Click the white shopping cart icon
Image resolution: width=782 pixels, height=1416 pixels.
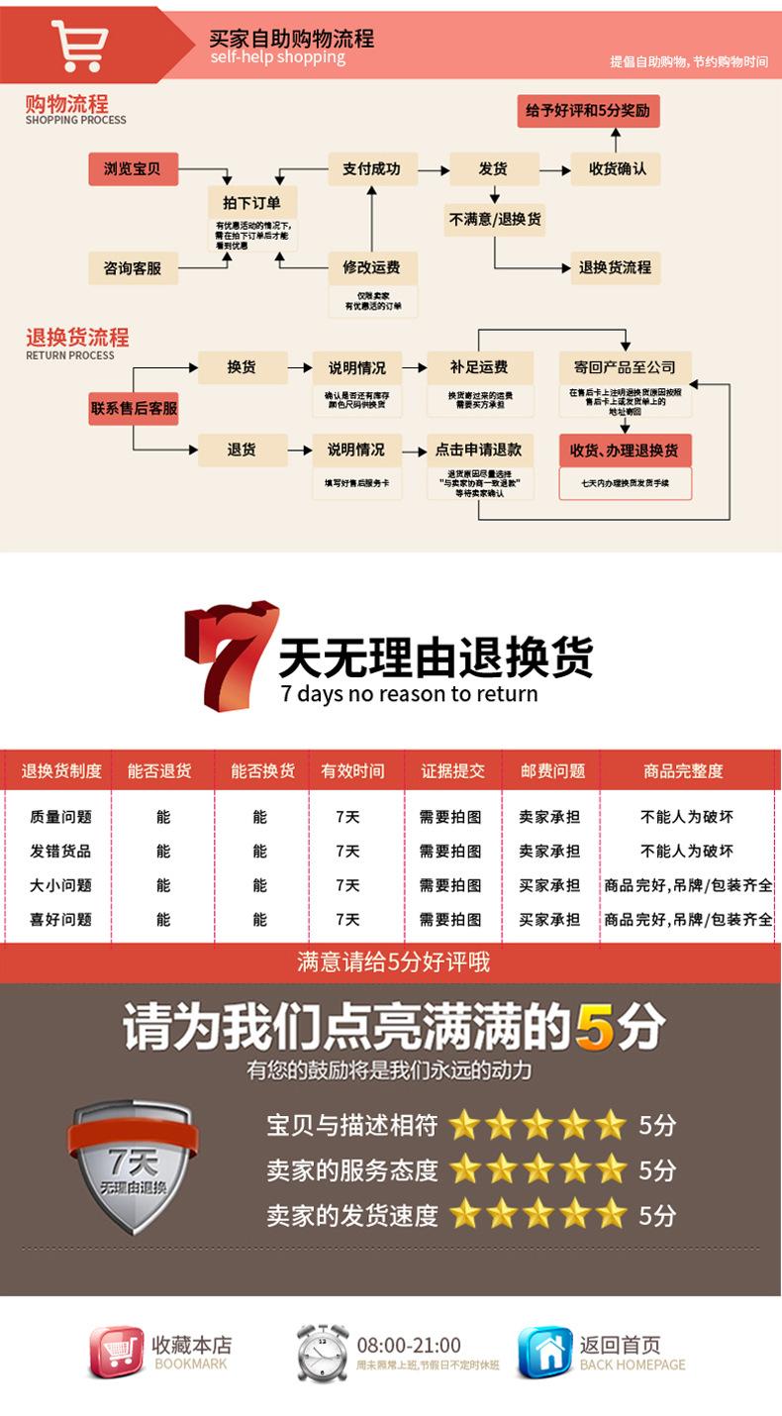(x=80, y=45)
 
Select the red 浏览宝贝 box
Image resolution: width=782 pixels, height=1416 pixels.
(x=132, y=169)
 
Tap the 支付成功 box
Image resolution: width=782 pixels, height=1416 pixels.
(x=371, y=169)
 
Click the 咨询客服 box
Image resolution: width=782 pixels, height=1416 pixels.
(x=132, y=268)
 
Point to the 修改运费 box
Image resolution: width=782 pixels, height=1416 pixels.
(x=371, y=267)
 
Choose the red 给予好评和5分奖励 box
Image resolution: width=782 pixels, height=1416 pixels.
(x=588, y=111)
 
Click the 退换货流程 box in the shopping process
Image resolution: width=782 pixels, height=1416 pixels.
(x=615, y=267)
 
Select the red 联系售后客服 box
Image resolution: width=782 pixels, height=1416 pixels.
(x=134, y=408)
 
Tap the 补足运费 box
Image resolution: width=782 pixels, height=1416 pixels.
(x=479, y=367)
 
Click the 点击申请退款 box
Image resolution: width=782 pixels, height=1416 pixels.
(x=479, y=450)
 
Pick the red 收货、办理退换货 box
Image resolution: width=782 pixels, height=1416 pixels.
(x=625, y=451)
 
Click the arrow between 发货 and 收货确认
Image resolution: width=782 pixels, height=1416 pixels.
(x=555, y=170)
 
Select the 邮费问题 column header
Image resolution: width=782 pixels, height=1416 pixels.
(x=551, y=770)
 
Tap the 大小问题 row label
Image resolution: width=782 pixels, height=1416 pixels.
(x=60, y=885)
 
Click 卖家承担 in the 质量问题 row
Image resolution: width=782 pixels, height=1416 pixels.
(x=549, y=817)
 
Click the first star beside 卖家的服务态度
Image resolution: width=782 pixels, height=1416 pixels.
(x=464, y=1169)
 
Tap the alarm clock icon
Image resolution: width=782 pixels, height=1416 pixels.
(x=323, y=1353)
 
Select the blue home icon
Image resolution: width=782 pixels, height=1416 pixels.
(x=545, y=1353)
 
